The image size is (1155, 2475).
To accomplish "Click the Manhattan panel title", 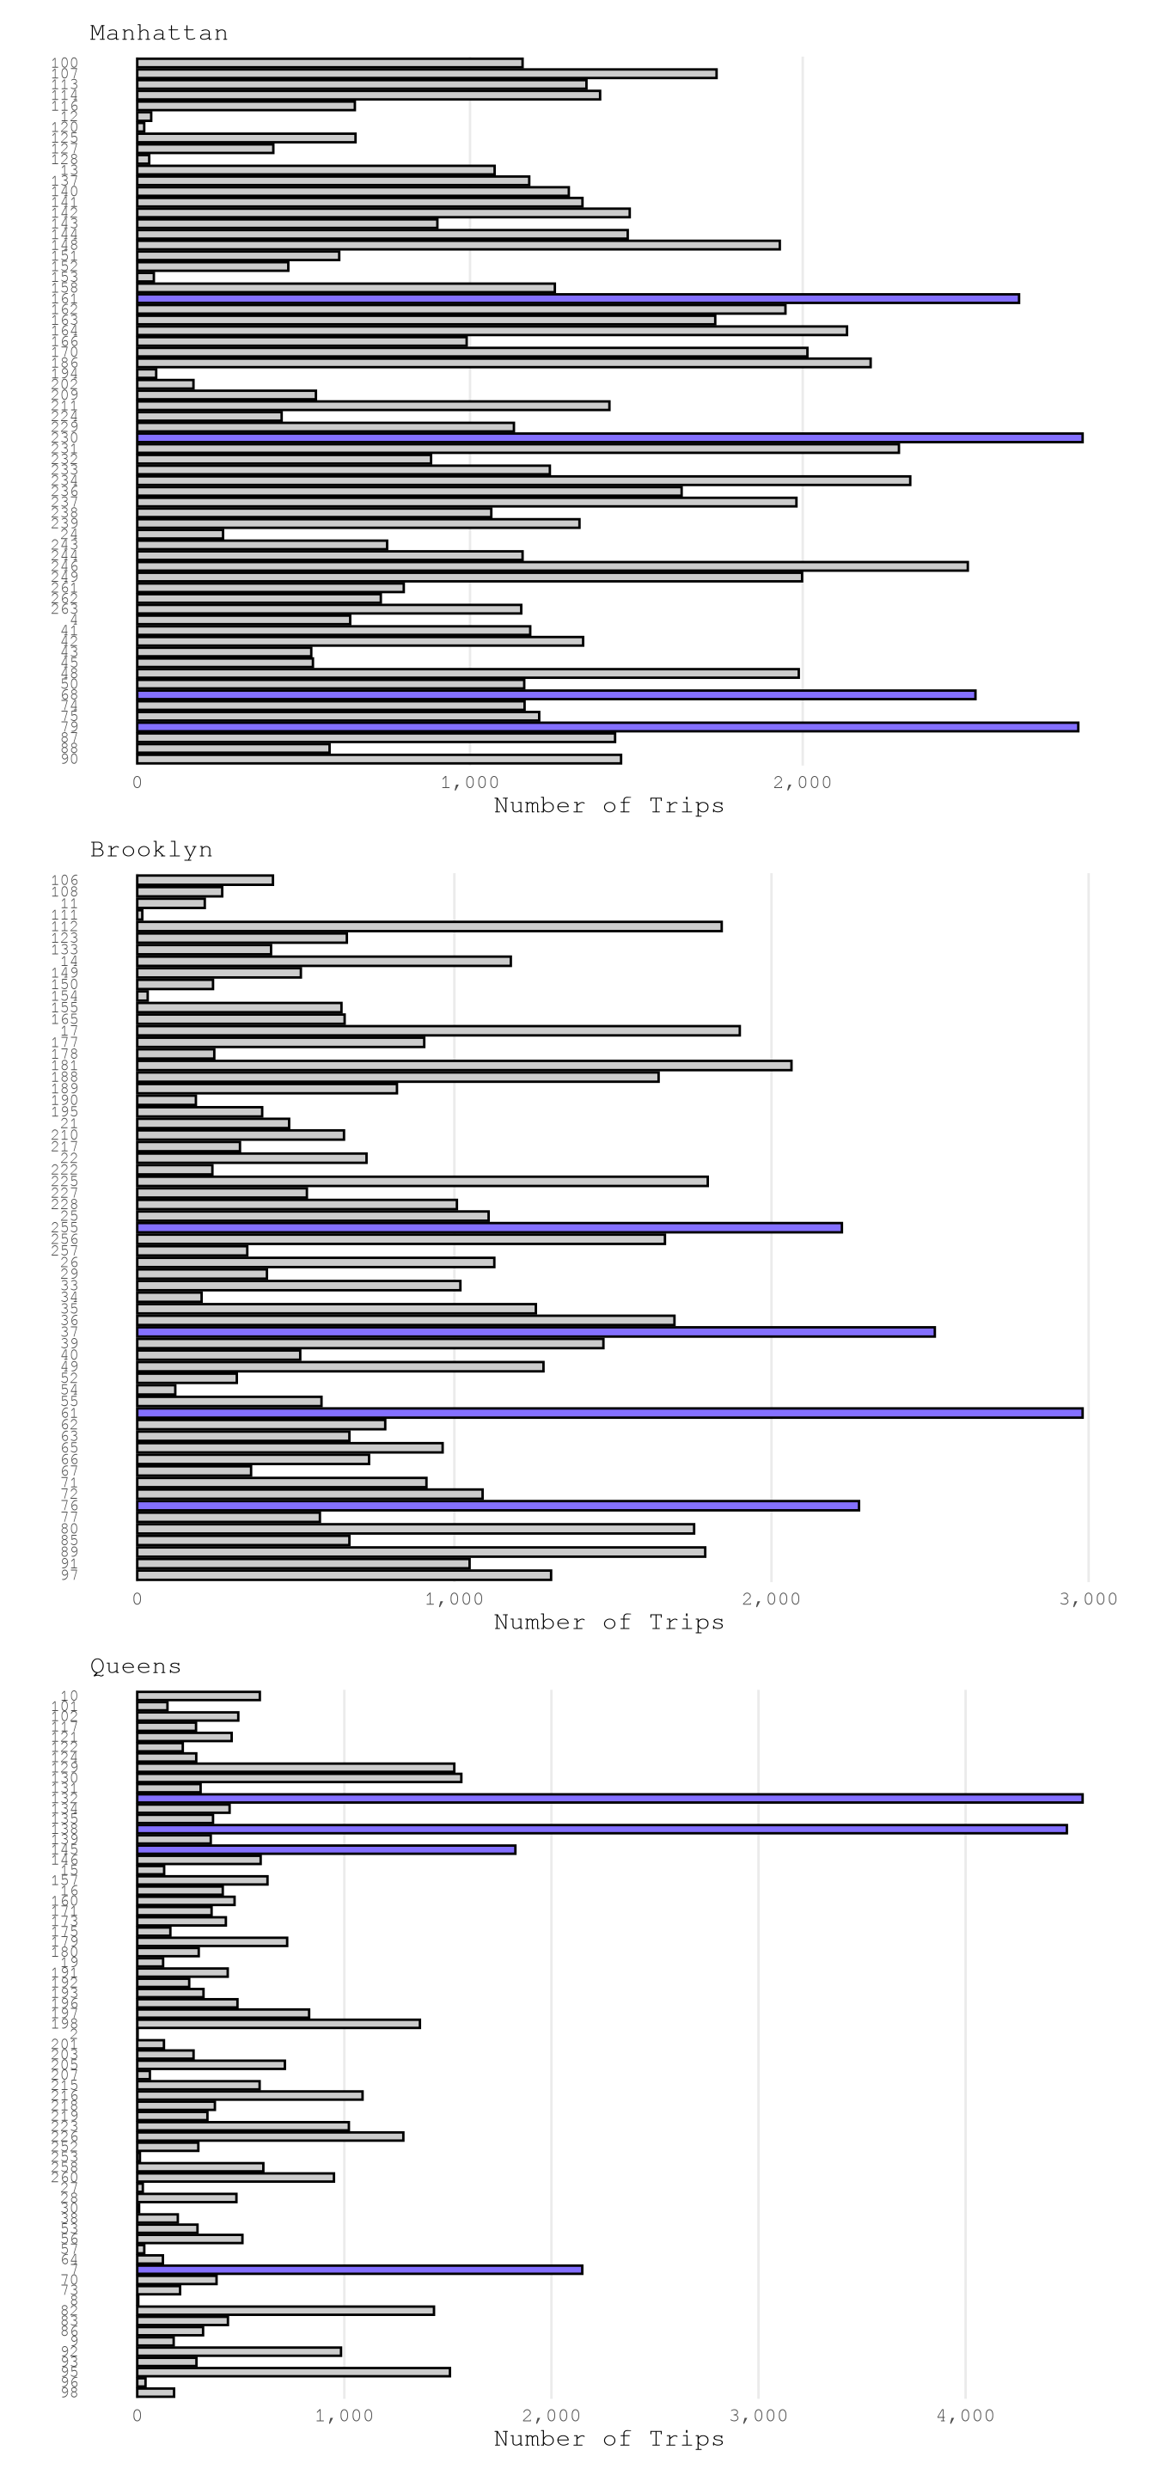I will coord(158,34).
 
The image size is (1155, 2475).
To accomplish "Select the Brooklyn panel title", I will coord(151,850).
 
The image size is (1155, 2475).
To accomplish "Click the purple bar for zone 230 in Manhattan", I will coord(609,438).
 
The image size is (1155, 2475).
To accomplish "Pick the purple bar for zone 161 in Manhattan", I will coord(577,299).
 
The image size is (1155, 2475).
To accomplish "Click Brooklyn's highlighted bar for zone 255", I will coord(489,1228).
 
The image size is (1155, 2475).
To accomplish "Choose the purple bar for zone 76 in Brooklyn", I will coord(498,1506).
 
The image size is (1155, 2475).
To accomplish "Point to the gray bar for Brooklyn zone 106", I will coord(205,880).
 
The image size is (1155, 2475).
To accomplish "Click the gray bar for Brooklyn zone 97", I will coord(344,1574).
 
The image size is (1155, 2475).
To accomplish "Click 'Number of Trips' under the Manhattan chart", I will coord(608,806).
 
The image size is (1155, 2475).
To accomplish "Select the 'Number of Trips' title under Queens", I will coord(608,2440).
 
